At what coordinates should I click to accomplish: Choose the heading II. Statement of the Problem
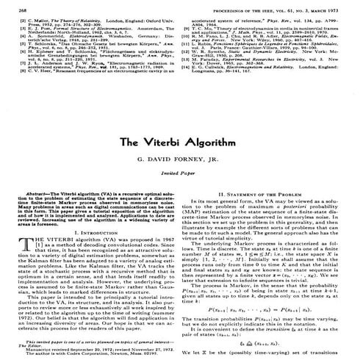pos(264,213)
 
